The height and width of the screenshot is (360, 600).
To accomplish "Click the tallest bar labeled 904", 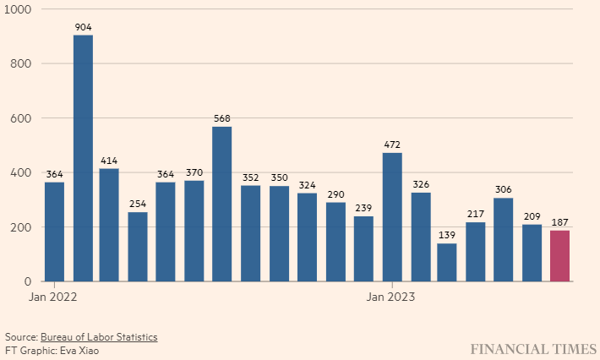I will coord(83,158).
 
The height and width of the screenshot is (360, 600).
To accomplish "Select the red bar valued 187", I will coord(560,256).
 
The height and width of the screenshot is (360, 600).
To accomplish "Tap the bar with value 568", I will coord(221,204).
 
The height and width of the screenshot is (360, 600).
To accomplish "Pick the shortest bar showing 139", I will coord(447,262).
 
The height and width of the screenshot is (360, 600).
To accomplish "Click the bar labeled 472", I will coord(391,217).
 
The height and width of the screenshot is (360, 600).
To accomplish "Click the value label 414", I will coord(109,160).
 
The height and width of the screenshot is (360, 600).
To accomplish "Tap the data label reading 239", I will coord(363,207).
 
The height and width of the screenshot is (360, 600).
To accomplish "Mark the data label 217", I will coord(476,213).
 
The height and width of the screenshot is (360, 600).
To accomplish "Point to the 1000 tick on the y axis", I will coord(19,9).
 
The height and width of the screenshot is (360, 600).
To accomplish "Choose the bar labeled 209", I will coord(532,253).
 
